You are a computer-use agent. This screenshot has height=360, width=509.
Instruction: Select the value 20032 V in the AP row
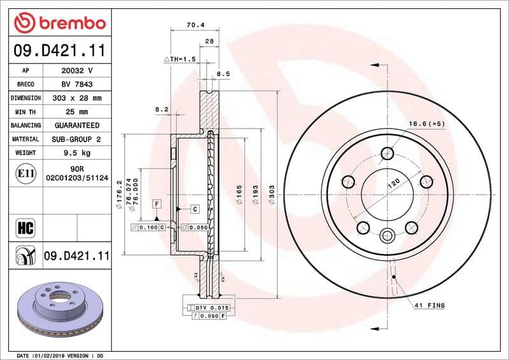pos(76,71)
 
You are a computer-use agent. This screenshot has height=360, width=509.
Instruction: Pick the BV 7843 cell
pos(76,85)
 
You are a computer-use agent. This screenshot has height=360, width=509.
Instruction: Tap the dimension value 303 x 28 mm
pos(76,98)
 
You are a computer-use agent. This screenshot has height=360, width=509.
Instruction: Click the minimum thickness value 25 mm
pos(76,112)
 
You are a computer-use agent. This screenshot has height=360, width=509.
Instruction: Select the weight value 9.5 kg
pos(76,153)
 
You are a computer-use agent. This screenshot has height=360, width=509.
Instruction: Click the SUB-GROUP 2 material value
pos(76,139)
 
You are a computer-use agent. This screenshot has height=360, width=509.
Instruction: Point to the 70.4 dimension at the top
pos(194,27)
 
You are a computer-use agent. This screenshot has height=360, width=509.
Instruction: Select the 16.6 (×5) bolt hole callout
pos(426,123)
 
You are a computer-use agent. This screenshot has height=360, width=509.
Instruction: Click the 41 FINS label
pos(431,306)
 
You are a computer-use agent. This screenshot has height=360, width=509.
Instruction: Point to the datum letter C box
pos(195,209)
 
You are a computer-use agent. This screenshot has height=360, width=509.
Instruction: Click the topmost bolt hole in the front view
pos(387,153)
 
